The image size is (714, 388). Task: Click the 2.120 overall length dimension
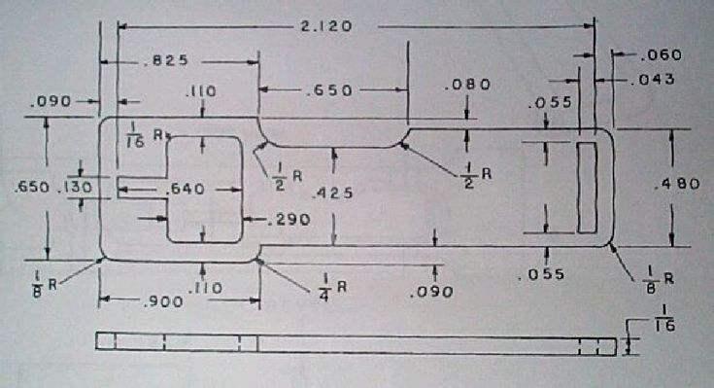(326, 26)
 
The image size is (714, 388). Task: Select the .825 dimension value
(165, 60)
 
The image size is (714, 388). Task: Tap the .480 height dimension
(677, 184)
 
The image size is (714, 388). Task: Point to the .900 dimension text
(162, 301)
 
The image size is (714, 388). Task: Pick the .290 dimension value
(289, 220)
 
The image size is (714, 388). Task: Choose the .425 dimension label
(332, 194)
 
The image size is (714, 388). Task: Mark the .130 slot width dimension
(75, 187)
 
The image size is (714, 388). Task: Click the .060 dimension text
(661, 55)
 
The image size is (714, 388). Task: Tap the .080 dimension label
(467, 85)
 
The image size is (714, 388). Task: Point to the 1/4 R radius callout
(334, 287)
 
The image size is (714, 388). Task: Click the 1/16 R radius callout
(143, 135)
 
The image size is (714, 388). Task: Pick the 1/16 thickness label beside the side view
(664, 318)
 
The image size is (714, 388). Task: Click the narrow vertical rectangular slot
(587, 188)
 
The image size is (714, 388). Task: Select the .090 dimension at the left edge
(51, 101)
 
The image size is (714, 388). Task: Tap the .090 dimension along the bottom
(431, 292)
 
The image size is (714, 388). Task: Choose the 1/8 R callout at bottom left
(45, 285)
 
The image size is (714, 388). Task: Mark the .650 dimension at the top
(328, 90)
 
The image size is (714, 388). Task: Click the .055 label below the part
(541, 274)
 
